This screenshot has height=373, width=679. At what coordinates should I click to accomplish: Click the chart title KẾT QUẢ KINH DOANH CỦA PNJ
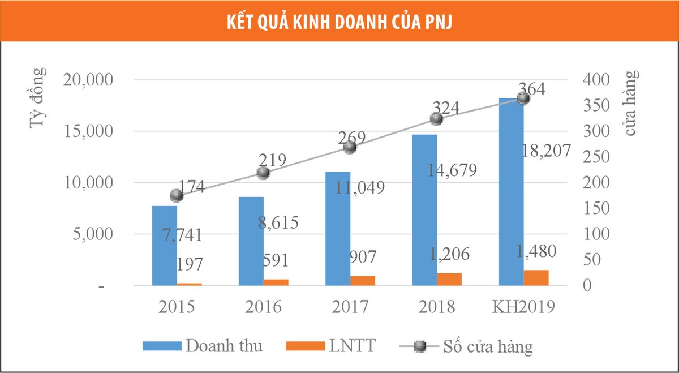pyautogui.click(x=339, y=22)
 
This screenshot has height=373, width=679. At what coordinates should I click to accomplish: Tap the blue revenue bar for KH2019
pyautogui.click(x=511, y=192)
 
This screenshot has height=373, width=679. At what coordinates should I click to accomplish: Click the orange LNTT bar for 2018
pyautogui.click(x=449, y=280)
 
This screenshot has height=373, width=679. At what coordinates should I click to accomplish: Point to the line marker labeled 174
pyautogui.click(x=177, y=195)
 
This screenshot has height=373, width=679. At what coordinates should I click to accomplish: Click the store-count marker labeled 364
pyautogui.click(x=523, y=98)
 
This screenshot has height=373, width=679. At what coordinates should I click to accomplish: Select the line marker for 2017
pyautogui.click(x=350, y=147)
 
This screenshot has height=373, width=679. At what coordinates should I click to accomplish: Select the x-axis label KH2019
pyautogui.click(x=523, y=307)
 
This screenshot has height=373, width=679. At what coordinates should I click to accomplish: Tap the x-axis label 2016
pyautogui.click(x=264, y=307)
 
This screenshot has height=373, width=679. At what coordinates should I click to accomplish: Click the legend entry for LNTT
pyautogui.click(x=351, y=345)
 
